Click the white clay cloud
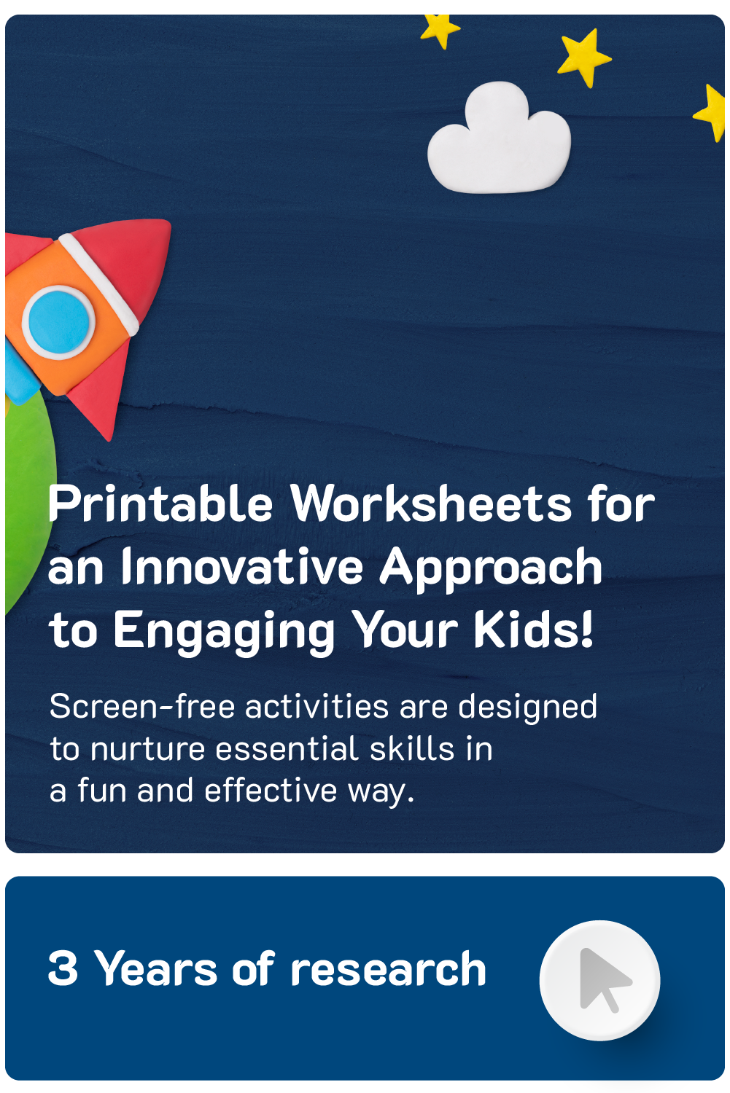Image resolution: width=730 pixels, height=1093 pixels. [x=499, y=139]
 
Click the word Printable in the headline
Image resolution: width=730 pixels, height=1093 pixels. [x=160, y=504]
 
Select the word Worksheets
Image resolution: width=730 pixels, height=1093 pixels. [x=431, y=504]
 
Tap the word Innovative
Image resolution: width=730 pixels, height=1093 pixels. [x=242, y=568]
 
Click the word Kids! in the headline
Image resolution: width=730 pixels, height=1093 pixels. [x=534, y=630]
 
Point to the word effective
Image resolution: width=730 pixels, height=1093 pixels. [x=271, y=791]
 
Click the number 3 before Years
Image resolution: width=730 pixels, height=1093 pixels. [x=63, y=968]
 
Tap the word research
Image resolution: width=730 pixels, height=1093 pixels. [x=388, y=969]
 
